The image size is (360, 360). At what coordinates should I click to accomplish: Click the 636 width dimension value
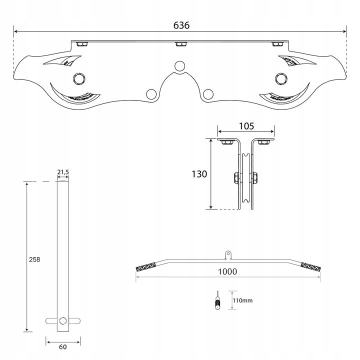[180, 25]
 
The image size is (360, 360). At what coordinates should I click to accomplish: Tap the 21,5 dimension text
[63, 172]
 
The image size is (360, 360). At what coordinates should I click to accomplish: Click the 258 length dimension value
[34, 259]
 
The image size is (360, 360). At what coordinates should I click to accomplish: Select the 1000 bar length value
[227, 272]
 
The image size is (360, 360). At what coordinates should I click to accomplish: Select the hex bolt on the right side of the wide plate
[281, 78]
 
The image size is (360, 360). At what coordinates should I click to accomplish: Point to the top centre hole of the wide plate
[179, 66]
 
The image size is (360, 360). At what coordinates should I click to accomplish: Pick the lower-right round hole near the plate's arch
[209, 93]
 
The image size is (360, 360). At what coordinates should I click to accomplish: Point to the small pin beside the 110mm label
[217, 301]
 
